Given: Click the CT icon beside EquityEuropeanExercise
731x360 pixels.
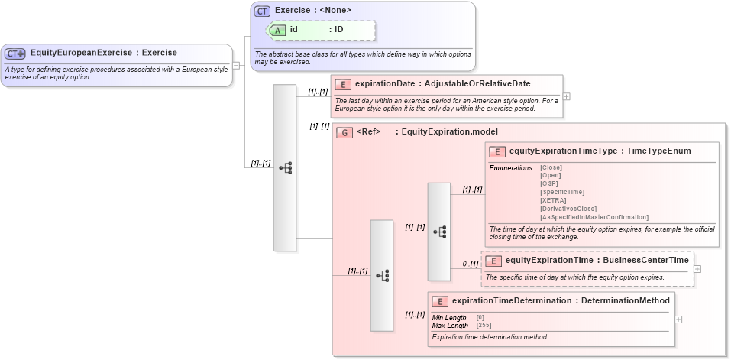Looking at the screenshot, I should click(15, 54).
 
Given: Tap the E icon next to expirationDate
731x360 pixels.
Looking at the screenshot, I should click(343, 83).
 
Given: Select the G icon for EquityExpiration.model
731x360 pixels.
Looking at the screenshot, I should click(344, 132).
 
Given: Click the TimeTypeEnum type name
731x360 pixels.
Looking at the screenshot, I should click(658, 151).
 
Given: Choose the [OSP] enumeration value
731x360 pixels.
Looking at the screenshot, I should click(548, 183).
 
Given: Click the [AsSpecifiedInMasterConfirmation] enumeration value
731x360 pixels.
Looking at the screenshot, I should click(594, 217).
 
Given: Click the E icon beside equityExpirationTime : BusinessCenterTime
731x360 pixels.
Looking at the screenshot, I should click(493, 261).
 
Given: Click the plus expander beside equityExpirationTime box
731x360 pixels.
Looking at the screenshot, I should click(697, 269).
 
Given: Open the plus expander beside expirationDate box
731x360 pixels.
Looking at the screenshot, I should click(566, 96).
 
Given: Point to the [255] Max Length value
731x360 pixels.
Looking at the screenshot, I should click(483, 326).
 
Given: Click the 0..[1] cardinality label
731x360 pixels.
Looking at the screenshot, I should click(470, 264).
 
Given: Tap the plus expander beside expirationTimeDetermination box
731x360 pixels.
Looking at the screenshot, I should click(678, 319).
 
